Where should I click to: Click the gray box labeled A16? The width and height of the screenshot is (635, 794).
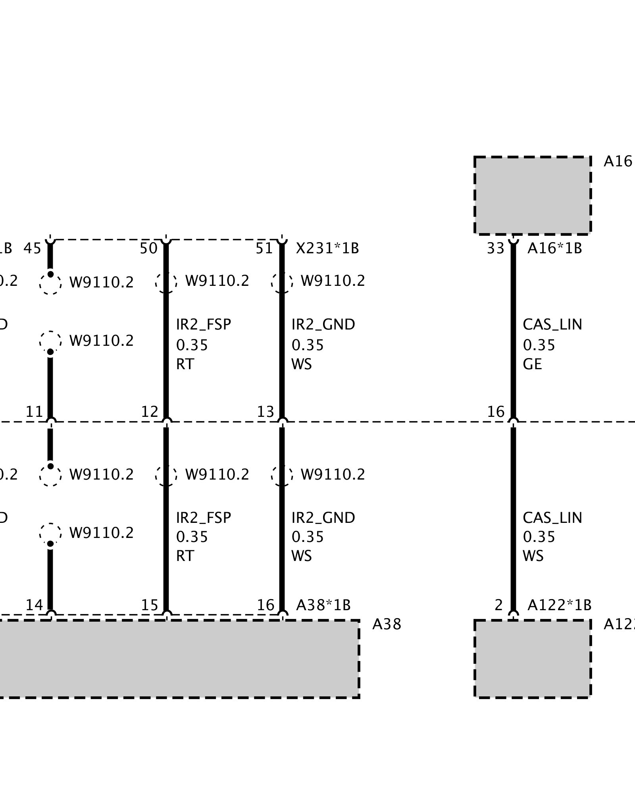pyautogui.click(x=533, y=195)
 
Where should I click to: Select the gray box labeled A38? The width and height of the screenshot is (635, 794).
pyautogui.click(x=179, y=659)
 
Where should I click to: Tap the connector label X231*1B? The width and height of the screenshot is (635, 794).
pyautogui.click(x=327, y=249)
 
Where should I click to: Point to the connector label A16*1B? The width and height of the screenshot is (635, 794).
pyautogui.click(x=554, y=249)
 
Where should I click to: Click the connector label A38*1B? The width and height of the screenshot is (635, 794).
pyautogui.click(x=323, y=605)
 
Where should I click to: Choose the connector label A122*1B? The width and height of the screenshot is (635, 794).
pyautogui.click(x=559, y=605)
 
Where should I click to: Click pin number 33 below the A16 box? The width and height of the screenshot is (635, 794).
pyautogui.click(x=495, y=249)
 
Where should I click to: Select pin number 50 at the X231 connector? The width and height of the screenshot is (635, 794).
pyautogui.click(x=149, y=249)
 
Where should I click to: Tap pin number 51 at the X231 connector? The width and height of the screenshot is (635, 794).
pyautogui.click(x=264, y=249)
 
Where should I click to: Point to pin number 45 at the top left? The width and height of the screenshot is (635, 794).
pyautogui.click(x=32, y=249)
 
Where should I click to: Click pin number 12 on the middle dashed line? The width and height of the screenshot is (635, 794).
pyautogui.click(x=150, y=412)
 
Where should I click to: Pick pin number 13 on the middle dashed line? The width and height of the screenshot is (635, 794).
pyautogui.click(x=266, y=412)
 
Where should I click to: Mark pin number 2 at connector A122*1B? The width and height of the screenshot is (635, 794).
pyautogui.click(x=499, y=605)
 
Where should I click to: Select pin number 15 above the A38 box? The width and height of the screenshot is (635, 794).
pyautogui.click(x=150, y=605)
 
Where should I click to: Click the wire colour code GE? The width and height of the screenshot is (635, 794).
pyautogui.click(x=532, y=364)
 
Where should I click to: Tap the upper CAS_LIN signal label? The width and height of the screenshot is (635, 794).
pyautogui.click(x=552, y=325)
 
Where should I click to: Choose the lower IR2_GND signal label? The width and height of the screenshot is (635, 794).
pyautogui.click(x=323, y=518)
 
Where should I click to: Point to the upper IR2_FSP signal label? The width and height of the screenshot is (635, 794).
pyautogui.click(x=203, y=325)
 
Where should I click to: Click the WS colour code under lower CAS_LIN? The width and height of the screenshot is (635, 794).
pyautogui.click(x=533, y=556)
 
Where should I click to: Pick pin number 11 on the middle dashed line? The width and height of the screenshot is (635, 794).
pyautogui.click(x=34, y=412)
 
